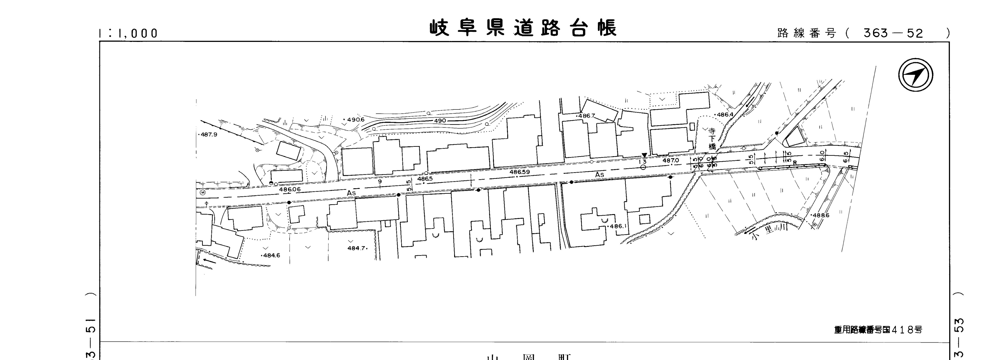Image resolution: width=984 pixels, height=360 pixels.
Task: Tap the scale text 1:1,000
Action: tap(128, 34)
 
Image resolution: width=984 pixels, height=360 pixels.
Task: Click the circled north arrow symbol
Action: tap(916, 75)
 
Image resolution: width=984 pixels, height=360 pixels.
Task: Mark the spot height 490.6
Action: tap(355, 120)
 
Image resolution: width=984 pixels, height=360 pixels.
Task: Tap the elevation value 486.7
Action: tap(586, 116)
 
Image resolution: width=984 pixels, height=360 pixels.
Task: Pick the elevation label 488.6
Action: tap(821, 215)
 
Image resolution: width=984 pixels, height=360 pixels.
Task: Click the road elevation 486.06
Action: tap(290, 189)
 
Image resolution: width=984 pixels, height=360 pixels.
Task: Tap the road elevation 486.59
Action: tap(520, 172)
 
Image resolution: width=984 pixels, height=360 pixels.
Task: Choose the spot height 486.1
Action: tap(618, 226)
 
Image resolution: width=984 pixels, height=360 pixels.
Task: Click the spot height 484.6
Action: tap(271, 255)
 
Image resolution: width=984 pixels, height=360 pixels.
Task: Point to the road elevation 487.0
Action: tap(670, 161)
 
